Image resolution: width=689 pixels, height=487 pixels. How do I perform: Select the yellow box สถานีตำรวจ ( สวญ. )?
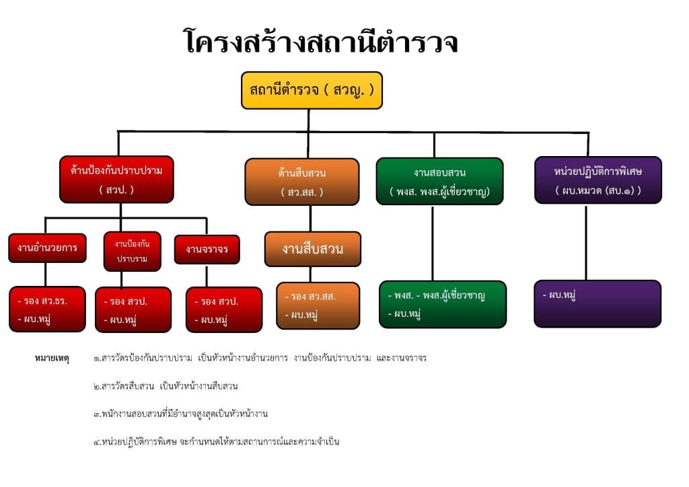pyautogui.click(x=312, y=90)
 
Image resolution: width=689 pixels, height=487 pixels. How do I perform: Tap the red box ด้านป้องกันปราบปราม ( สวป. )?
pyautogui.click(x=116, y=180)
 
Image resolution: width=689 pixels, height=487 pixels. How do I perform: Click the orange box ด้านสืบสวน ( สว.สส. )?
pyautogui.click(x=301, y=182)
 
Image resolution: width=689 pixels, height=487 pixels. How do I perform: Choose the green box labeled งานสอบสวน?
pyautogui.click(x=439, y=181)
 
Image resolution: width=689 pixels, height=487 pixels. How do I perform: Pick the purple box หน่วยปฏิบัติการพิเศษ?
pyautogui.click(x=597, y=180)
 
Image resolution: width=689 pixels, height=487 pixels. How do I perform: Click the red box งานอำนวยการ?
pyautogui.click(x=46, y=248)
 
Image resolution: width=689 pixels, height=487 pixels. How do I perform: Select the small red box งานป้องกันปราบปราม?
pyautogui.click(x=132, y=251)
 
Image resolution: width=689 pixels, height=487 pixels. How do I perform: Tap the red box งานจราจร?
pyautogui.click(x=207, y=249)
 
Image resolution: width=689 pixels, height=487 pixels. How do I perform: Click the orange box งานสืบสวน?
pyautogui.click(x=312, y=249)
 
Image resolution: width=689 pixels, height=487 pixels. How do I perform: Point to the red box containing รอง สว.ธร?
pyautogui.click(x=47, y=309)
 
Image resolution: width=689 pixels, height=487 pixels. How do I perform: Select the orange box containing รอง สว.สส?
pyautogui.click(x=318, y=305)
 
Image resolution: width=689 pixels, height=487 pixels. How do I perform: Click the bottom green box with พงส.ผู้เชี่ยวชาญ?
pyautogui.click(x=442, y=304)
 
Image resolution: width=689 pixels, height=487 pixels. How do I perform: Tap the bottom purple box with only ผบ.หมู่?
pyautogui.click(x=597, y=303)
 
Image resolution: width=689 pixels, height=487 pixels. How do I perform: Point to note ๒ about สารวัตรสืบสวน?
pyautogui.click(x=166, y=386)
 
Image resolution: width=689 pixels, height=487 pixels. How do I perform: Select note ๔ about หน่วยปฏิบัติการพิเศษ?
pyautogui.click(x=216, y=442)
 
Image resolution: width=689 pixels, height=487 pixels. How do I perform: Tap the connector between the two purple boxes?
pyautogui.click(x=586, y=241)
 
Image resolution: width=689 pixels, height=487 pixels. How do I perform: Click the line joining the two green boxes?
pyautogui.click(x=433, y=242)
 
